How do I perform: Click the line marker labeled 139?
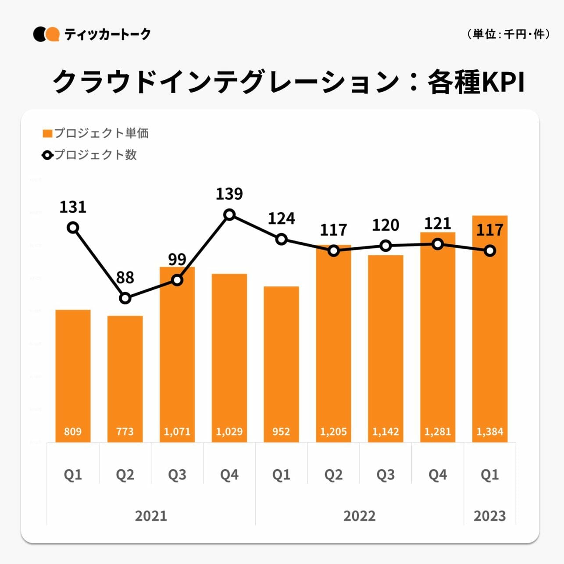(229, 214)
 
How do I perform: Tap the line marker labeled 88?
(125, 298)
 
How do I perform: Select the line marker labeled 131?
(73, 228)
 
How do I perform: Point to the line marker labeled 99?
(177, 280)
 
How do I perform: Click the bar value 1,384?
(490, 432)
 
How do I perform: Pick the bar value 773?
(125, 432)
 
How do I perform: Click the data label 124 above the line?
(281, 218)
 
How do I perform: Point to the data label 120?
(386, 225)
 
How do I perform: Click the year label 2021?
(151, 516)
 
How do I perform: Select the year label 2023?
(489, 516)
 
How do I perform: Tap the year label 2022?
(359, 516)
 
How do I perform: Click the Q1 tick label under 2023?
(489, 475)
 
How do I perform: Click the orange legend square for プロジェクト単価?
(47, 133)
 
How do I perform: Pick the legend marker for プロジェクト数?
(47, 155)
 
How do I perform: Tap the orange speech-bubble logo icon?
(53, 34)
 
